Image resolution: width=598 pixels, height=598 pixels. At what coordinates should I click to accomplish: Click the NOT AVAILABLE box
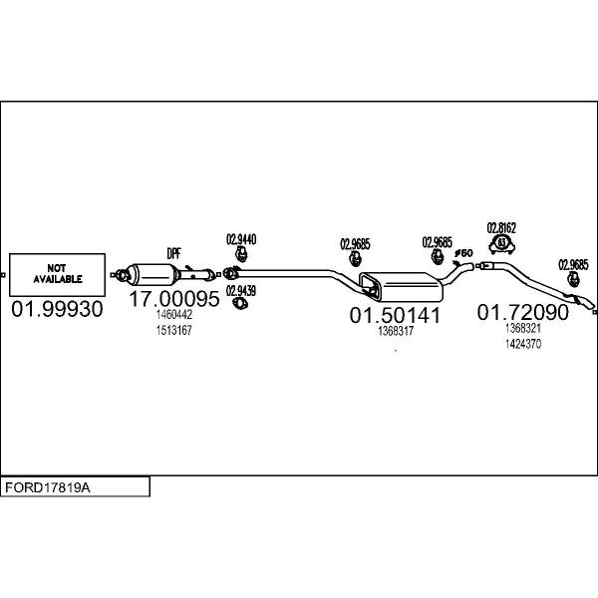coord(57,275)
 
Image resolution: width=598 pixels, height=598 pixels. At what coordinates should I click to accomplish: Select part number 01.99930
coord(57,309)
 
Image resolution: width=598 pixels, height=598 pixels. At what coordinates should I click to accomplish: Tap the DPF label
coord(173,253)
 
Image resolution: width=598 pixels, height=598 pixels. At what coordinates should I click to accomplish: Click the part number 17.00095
coord(174,299)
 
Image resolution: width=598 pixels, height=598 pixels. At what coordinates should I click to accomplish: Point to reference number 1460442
coord(173,315)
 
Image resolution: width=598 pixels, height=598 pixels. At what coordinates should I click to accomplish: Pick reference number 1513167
coord(173,330)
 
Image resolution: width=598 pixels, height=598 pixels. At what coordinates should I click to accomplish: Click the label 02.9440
coord(241,239)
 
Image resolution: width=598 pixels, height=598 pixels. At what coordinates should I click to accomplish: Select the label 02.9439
coord(241,291)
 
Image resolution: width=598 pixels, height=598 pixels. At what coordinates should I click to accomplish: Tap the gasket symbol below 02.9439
coord(240,304)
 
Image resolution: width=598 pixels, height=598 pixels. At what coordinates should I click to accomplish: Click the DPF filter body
coord(152,274)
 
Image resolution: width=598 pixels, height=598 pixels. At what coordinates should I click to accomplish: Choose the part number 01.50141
coord(395,315)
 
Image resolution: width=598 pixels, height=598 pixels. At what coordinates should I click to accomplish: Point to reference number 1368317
coord(396,331)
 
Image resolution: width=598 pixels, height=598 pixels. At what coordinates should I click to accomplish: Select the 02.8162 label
coord(501,228)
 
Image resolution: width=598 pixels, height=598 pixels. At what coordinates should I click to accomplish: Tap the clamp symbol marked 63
coord(502,244)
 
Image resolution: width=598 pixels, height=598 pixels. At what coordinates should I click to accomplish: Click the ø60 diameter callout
coord(463,253)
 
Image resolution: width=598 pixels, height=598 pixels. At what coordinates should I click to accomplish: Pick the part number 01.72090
coord(523,312)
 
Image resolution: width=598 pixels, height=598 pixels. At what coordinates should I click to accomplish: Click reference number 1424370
coord(523,344)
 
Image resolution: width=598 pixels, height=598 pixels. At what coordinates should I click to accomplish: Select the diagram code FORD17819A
coord(47,487)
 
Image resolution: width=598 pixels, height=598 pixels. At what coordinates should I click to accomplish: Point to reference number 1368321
coord(523,328)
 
